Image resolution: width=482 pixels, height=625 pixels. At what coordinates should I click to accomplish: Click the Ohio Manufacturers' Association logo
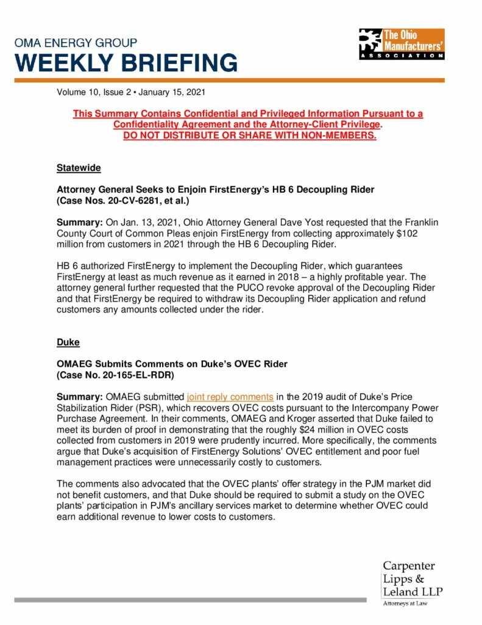pos(402,44)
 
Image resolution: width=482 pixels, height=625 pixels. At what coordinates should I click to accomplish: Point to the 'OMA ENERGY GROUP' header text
pos(76,43)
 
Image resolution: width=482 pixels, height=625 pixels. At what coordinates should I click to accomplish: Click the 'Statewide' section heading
pos(79,167)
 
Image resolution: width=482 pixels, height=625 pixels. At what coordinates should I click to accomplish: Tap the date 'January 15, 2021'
pos(172,93)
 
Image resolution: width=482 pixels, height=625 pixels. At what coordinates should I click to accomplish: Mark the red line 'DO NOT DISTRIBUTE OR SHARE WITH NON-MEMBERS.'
pos(250,135)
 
